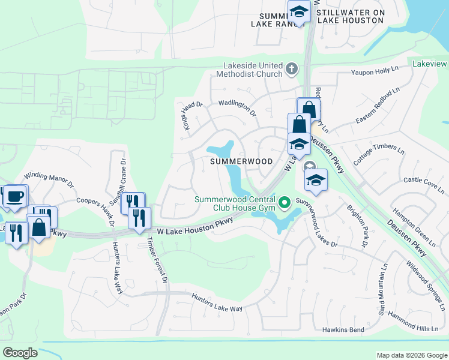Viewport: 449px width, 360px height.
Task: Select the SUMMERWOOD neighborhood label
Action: [241, 161]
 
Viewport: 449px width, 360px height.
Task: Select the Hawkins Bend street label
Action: [343, 330]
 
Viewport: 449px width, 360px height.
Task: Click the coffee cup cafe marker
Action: [16, 196]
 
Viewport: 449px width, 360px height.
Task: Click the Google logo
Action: [20, 353]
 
